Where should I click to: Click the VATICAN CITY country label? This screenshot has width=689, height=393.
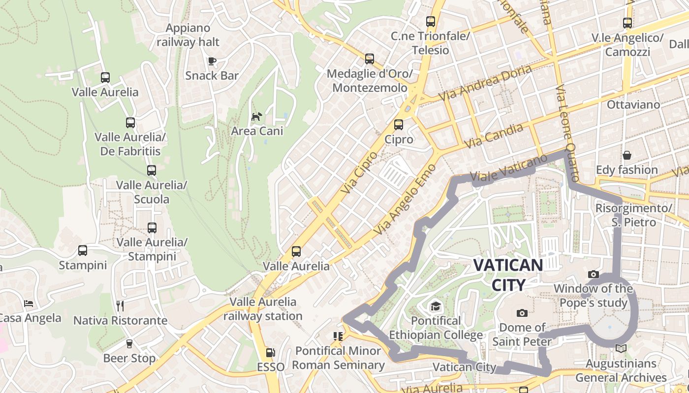[508, 275]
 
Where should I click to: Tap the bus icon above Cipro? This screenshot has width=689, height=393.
[399, 125]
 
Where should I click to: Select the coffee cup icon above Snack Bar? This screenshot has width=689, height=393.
[212, 61]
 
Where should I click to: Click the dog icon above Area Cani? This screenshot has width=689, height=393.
[257, 116]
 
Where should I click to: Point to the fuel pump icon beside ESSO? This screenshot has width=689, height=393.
[270, 352]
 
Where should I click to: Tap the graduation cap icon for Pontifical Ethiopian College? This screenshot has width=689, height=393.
[436, 307]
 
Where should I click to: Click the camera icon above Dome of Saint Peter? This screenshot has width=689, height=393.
[522, 313]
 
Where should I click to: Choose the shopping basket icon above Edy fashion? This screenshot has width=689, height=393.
[627, 155]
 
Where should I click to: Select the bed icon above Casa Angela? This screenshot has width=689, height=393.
[29, 304]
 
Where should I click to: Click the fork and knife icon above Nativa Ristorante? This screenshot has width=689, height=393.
[120, 306]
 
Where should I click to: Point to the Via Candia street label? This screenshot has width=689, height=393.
[494, 136]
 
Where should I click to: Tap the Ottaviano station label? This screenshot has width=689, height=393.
[633, 105]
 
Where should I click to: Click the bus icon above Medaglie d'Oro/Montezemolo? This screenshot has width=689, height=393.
[370, 59]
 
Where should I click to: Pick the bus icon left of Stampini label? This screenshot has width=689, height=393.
[83, 251]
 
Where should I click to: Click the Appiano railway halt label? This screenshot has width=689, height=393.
[188, 35]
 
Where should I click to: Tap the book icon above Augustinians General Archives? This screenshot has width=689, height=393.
[621, 348]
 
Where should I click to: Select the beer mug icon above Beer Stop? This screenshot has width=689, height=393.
[129, 343]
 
